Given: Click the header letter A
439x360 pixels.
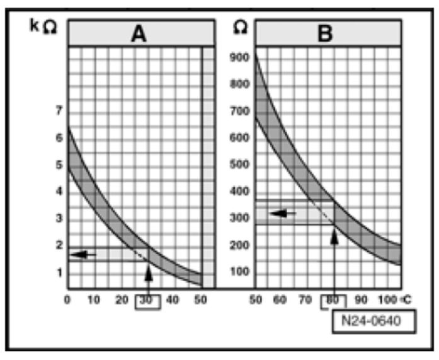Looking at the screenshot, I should [x=139, y=33].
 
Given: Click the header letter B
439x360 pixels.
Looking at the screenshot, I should [x=326, y=33].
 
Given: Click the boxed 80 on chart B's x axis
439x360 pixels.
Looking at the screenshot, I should [x=332, y=301].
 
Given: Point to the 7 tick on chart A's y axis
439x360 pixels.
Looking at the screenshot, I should [x=60, y=111].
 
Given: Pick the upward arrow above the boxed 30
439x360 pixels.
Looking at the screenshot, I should [x=149, y=275].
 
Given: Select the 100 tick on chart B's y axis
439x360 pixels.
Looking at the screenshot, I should [x=240, y=272].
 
